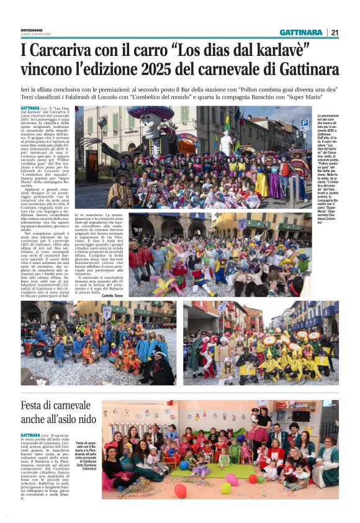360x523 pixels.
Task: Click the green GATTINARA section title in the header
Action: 300,32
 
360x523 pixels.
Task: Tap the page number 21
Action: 335,32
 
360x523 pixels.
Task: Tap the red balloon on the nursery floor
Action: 180,491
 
